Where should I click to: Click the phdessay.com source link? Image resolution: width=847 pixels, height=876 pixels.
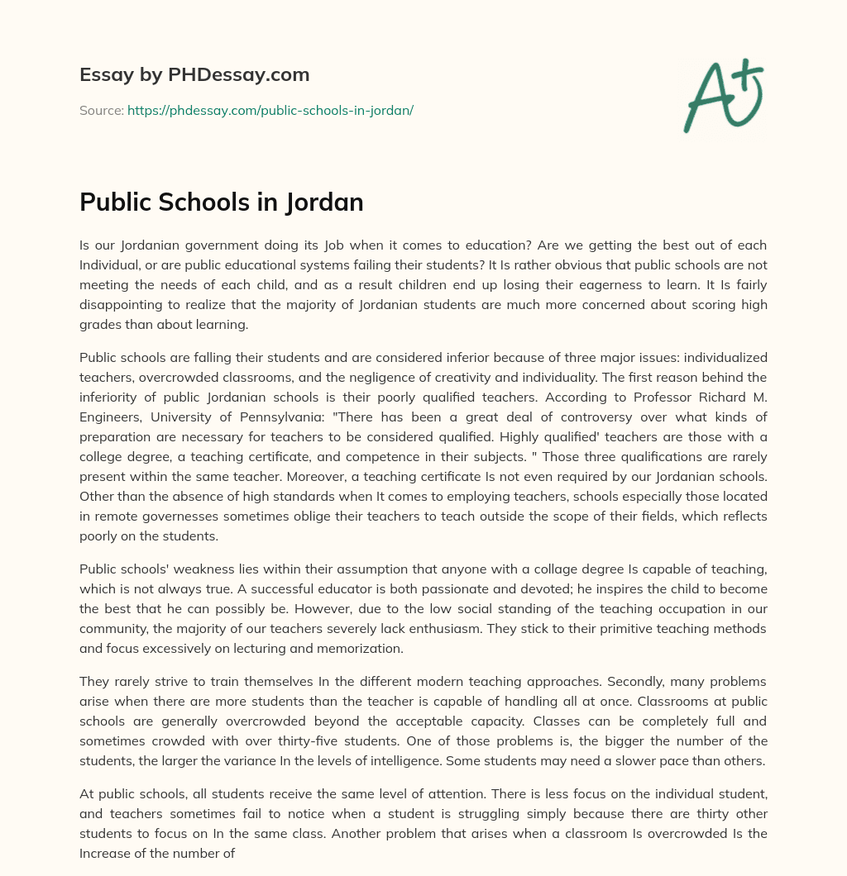[x=270, y=110]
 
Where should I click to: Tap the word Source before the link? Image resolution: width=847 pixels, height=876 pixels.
[x=101, y=110]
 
